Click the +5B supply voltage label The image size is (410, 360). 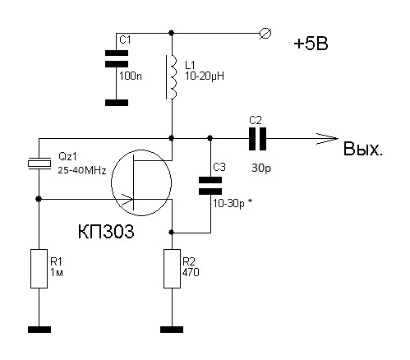[311, 44]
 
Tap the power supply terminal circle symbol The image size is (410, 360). [265, 34]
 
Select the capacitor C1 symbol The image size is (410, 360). [117, 58]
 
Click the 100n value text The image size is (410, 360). [131, 76]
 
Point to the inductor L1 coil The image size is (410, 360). [173, 77]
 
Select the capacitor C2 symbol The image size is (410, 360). [257, 139]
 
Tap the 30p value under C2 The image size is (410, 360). [261, 168]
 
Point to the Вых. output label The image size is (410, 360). [362, 150]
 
